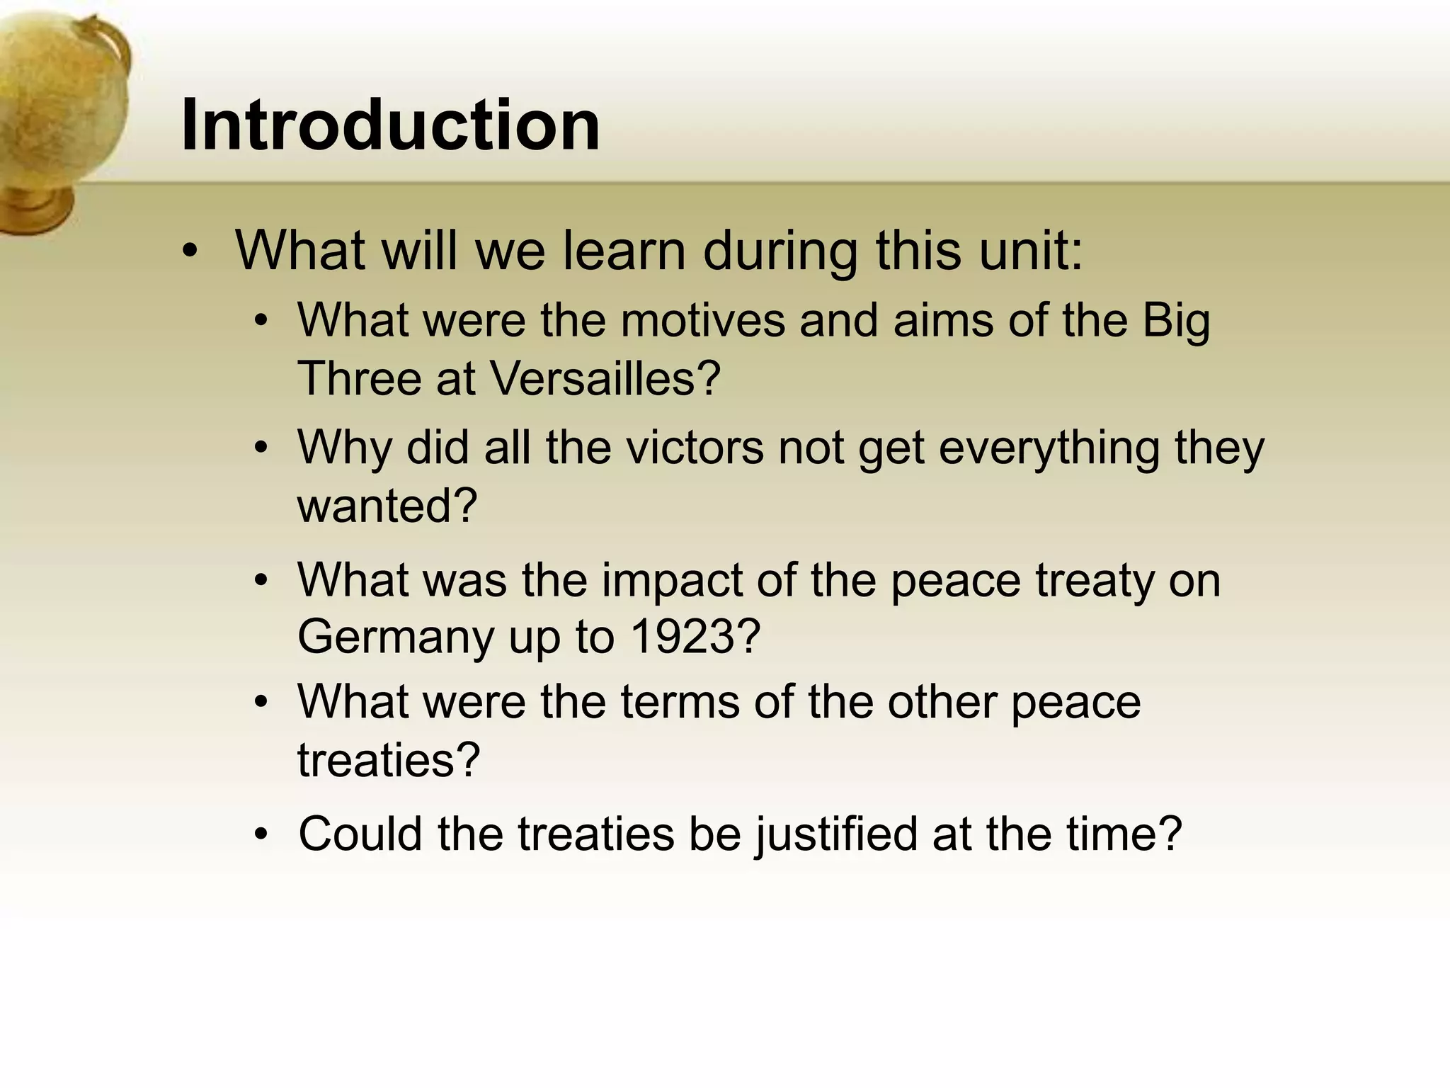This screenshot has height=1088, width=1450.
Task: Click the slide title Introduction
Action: [390, 125]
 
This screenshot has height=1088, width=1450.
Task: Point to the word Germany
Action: [395, 637]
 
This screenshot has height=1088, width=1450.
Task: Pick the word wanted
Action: [387, 506]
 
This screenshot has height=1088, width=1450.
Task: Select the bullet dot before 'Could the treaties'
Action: [261, 834]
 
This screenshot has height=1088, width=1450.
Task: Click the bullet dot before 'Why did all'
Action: [261, 448]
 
